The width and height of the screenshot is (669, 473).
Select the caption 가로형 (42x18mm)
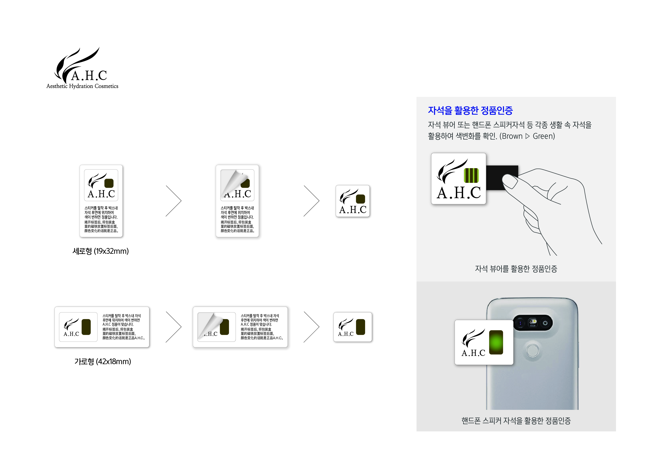(x=103, y=361)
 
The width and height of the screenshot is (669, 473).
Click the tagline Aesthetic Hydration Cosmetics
(x=83, y=86)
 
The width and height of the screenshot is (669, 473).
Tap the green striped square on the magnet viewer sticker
(x=471, y=175)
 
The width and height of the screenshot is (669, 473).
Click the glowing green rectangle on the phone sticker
(x=496, y=342)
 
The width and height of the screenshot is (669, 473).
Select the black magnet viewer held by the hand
(x=502, y=178)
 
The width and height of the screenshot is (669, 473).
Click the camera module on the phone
(x=533, y=323)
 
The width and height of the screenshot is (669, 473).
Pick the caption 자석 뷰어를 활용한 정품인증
(x=516, y=268)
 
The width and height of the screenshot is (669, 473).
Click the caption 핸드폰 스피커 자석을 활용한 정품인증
(x=516, y=421)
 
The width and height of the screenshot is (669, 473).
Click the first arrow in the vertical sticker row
(x=174, y=201)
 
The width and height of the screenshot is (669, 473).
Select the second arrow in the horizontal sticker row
(x=312, y=327)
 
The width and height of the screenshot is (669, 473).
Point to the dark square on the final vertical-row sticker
(x=361, y=199)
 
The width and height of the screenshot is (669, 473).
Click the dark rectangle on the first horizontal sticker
(x=86, y=327)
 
